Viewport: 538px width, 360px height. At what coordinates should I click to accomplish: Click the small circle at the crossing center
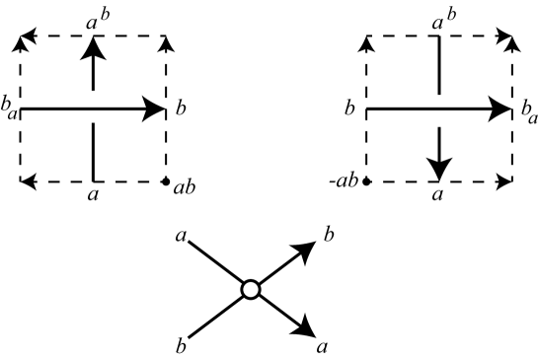point(250,289)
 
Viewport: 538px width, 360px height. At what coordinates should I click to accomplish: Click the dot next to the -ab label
point(366,181)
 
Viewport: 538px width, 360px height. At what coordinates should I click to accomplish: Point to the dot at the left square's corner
point(166,181)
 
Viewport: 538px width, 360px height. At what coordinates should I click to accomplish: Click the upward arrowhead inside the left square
point(93,47)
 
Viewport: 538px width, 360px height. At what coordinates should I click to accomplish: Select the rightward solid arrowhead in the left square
point(154,109)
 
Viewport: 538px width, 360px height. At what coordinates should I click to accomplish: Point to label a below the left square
point(94,196)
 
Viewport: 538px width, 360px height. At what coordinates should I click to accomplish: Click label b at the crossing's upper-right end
point(329,234)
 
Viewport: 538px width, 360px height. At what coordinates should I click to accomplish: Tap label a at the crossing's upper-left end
point(182,234)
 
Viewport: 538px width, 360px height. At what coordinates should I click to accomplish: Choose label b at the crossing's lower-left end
point(182,345)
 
